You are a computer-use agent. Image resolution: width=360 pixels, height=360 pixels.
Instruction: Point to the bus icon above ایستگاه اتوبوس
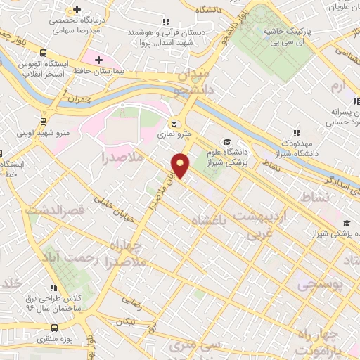[45, 53]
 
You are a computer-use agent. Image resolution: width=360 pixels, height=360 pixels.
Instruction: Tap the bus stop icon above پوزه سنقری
[55, 328]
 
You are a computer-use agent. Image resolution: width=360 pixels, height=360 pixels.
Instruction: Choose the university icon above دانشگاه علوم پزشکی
[227, 141]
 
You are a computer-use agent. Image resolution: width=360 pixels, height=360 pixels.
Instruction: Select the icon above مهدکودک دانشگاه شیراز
[297, 131]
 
